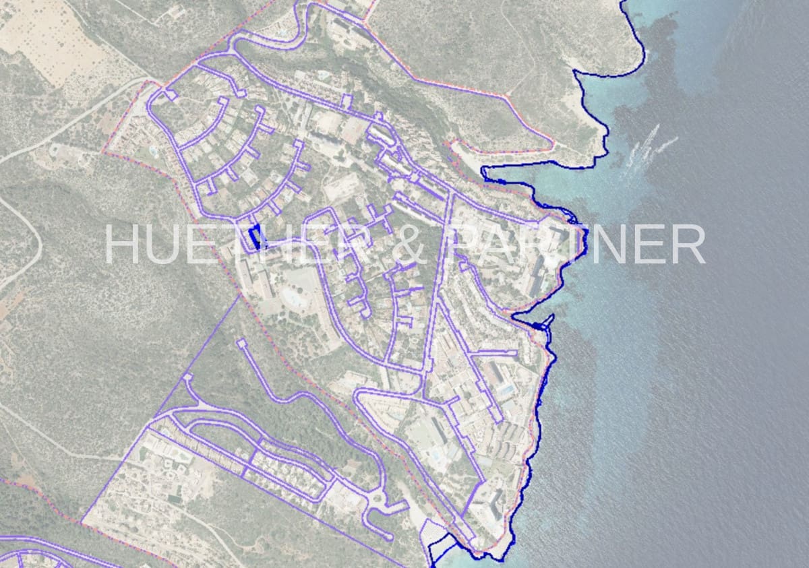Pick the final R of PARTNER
[688, 244]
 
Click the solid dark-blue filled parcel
[255, 237]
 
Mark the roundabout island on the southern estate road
[377, 500]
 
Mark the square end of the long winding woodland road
[242, 344]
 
